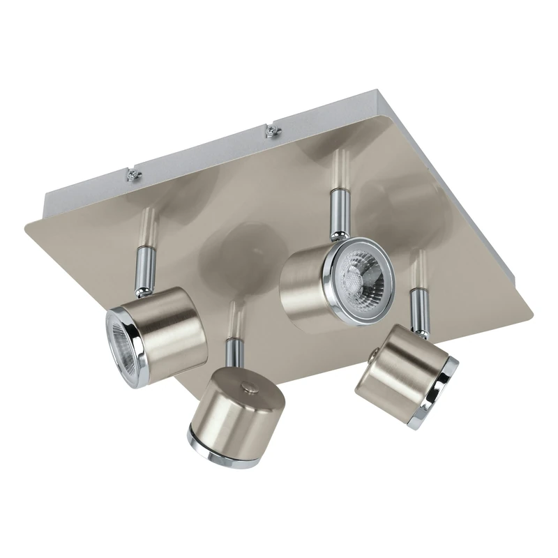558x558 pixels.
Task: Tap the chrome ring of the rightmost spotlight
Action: coord(442,393)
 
